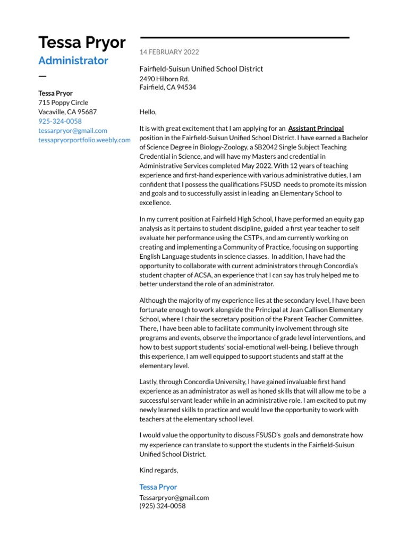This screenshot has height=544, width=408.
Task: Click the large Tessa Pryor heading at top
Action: click(82, 42)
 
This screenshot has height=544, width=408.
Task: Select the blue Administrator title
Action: click(73, 61)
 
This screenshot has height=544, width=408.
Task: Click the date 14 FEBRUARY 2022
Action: click(169, 52)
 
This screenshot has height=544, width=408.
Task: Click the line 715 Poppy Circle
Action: click(63, 103)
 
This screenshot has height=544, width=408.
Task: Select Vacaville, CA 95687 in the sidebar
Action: click(67, 112)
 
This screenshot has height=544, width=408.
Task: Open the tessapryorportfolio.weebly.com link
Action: click(84, 140)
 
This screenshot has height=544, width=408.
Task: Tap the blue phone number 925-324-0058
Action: click(60, 122)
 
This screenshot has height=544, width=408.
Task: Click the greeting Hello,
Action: click(148, 112)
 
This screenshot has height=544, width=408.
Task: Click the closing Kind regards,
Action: click(158, 470)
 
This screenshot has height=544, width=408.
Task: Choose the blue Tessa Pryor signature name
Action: click(158, 487)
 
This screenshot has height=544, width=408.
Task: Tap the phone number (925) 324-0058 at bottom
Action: click(162, 506)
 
